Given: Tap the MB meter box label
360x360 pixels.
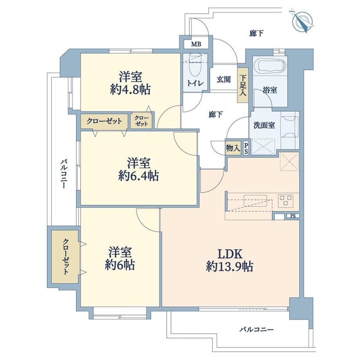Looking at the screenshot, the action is [x=196, y=44].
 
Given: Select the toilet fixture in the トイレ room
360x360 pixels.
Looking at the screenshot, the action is [x=195, y=65].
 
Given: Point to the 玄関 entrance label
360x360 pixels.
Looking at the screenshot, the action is [x=223, y=79].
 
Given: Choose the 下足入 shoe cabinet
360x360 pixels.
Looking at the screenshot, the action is [x=243, y=85].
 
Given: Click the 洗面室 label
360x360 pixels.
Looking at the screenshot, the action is [x=264, y=125].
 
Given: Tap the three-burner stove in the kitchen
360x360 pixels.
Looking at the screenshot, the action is [x=286, y=200].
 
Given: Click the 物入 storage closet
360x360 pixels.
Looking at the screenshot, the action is [x=233, y=148].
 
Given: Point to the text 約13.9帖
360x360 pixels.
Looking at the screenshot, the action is [x=229, y=267].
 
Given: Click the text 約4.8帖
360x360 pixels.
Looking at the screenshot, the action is [x=130, y=90].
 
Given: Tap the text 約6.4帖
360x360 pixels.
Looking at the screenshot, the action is [x=139, y=176].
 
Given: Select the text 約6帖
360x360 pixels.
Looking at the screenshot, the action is [x=120, y=265].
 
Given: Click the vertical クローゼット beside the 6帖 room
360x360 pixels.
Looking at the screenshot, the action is [x=65, y=257].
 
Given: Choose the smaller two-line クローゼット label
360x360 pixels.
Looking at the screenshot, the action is [x=141, y=121].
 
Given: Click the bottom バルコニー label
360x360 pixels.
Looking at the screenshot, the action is [x=256, y=330].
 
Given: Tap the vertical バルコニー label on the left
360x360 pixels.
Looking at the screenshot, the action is [x=63, y=174].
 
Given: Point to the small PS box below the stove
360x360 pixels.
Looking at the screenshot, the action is [x=293, y=216].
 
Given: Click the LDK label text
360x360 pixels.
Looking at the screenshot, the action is [x=230, y=254].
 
